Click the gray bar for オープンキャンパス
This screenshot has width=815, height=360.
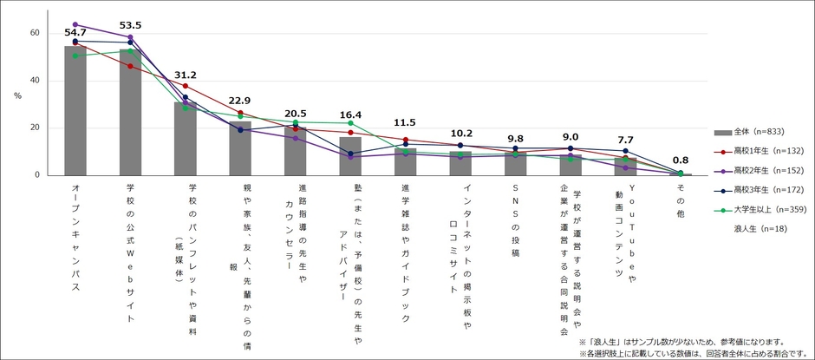tap(75, 113)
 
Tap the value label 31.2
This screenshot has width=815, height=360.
tap(186, 75)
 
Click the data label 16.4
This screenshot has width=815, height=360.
tap(350, 115)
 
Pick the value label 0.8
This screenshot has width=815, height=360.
tap(681, 160)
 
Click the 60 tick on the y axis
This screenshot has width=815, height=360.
tap(35, 33)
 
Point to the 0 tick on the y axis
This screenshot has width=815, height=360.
tap(37, 175)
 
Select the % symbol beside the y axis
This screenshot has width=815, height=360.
tap(17, 95)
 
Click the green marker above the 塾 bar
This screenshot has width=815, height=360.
tap(350, 123)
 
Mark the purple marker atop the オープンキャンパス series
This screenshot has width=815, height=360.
tap(75, 24)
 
